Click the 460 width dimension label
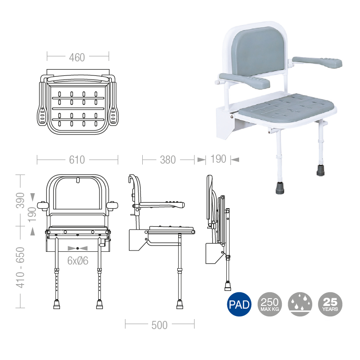click(77, 57)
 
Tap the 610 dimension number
click(77, 160)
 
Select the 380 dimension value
click(168, 160)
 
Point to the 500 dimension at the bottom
click(160, 325)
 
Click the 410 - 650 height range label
click(20, 268)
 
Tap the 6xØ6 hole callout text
click(78, 260)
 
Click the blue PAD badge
click(239, 304)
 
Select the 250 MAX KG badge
click(270, 304)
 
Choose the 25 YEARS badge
click(330, 304)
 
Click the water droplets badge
click(300, 304)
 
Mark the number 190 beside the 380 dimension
click(219, 160)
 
